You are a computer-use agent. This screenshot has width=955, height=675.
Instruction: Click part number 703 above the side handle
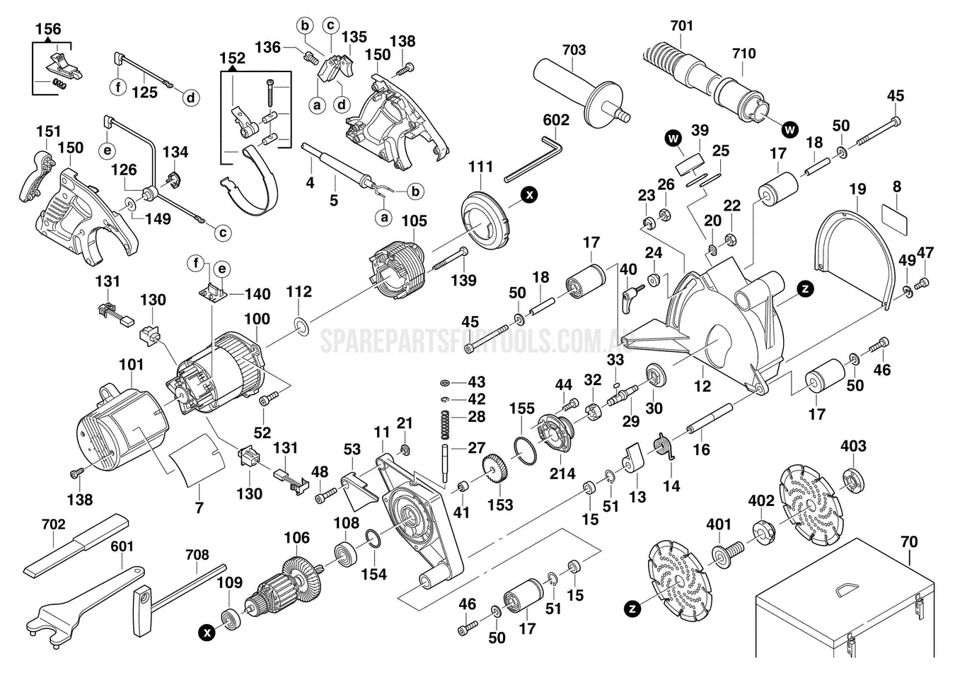pyautogui.click(x=574, y=49)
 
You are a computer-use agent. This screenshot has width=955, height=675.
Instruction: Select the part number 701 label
pyautogui.click(x=681, y=25)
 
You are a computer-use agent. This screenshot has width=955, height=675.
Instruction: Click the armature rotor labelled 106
pyautogui.click(x=286, y=582)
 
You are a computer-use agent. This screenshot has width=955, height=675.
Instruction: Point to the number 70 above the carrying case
pyautogui.click(x=909, y=541)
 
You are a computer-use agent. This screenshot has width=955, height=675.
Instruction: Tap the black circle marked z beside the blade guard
pyautogui.click(x=804, y=288)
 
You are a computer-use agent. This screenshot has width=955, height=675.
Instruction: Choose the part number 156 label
pyautogui.click(x=48, y=29)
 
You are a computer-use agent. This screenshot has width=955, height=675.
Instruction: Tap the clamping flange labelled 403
pyautogui.click(x=853, y=480)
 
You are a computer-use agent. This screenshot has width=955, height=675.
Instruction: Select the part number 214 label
pyautogui.click(x=562, y=474)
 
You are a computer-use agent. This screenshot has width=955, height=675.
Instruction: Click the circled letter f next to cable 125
pyautogui.click(x=118, y=88)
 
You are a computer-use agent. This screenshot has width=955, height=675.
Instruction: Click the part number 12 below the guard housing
pyautogui.click(x=702, y=387)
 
